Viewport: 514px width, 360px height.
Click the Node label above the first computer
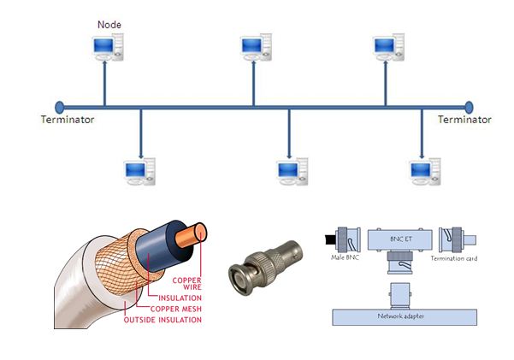108,26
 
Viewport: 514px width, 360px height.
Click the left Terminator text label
68,120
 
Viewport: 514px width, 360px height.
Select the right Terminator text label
464,120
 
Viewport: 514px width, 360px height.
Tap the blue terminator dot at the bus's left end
59,107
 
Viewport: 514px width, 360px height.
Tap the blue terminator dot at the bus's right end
468,107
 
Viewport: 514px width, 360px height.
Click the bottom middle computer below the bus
289,172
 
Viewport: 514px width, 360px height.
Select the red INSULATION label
179,298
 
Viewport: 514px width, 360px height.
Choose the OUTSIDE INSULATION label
162,320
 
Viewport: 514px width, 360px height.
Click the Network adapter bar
402,316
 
